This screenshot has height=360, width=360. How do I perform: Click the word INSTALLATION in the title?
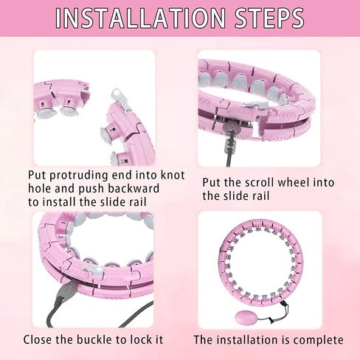click(x=140, y=18)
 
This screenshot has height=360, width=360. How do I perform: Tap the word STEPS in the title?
click(x=269, y=18)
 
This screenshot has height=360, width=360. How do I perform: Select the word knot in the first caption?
click(x=173, y=175)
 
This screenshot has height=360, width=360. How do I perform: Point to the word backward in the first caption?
click(x=134, y=189)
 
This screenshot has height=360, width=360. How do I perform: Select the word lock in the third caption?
click(x=140, y=339)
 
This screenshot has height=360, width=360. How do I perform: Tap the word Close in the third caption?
click(x=38, y=339)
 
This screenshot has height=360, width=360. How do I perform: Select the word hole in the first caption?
click(x=40, y=189)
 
